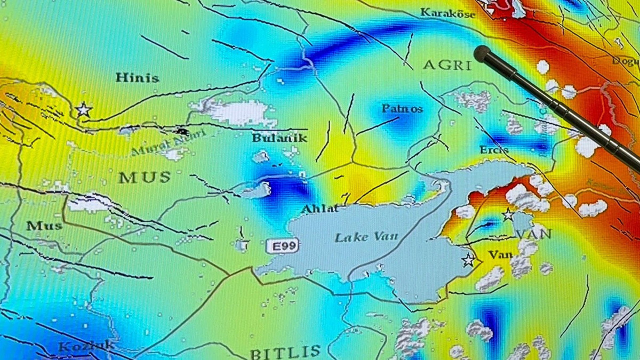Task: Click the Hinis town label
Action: pyautogui.click(x=137, y=78)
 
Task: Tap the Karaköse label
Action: pyautogui.click(x=447, y=13)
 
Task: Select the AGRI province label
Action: pyautogui.click(x=447, y=65)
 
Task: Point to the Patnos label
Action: pyautogui.click(x=402, y=109)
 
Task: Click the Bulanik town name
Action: pyautogui.click(x=279, y=138)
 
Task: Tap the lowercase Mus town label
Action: pyautogui.click(x=44, y=226)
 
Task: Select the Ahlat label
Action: pyautogui.click(x=319, y=209)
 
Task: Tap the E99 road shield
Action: pyautogui.click(x=282, y=246)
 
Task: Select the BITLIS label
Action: pyautogui.click(x=285, y=352)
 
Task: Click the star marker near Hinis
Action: pyautogui.click(x=83, y=110)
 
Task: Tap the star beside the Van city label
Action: pyautogui.click(x=469, y=260)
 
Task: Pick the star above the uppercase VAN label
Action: pyautogui.click(x=508, y=215)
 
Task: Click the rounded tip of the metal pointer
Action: pyautogui.click(x=482, y=53)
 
